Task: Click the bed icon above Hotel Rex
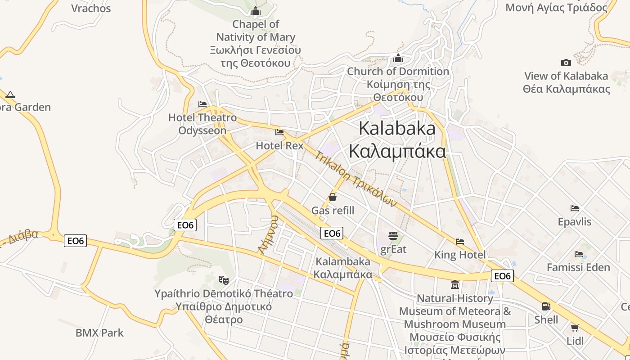point(279,132)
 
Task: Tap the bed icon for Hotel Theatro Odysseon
point(202,104)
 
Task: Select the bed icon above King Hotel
point(460,242)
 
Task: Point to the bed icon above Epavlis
point(575,208)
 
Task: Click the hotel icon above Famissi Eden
point(579,254)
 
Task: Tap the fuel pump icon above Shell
point(546,306)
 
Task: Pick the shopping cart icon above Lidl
point(575,328)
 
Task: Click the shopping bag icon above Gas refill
point(333,197)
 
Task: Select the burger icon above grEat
point(393,235)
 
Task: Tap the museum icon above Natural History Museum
point(455,285)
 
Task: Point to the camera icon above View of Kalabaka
point(566,63)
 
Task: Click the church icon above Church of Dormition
point(398,58)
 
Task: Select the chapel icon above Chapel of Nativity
point(256,11)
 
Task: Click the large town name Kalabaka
point(397,129)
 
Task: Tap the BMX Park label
point(99,333)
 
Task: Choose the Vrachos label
point(91,8)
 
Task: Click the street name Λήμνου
point(269,234)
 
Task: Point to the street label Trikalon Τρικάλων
point(355,179)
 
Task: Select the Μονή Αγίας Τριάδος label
point(556,7)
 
